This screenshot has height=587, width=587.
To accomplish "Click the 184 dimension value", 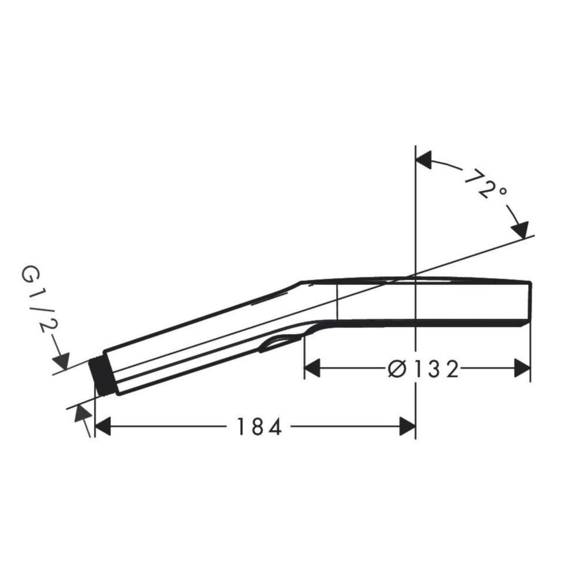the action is (x=259, y=427).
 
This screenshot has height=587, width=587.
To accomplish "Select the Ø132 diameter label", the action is (x=424, y=369).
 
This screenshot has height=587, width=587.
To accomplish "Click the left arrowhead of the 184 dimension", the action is (x=103, y=427).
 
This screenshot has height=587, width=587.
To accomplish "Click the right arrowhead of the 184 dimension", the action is (x=408, y=427).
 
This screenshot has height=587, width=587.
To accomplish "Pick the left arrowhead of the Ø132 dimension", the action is (x=312, y=368).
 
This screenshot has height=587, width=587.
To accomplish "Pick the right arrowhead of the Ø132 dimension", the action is (x=522, y=368).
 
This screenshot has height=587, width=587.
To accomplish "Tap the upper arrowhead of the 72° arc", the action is (x=424, y=160).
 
